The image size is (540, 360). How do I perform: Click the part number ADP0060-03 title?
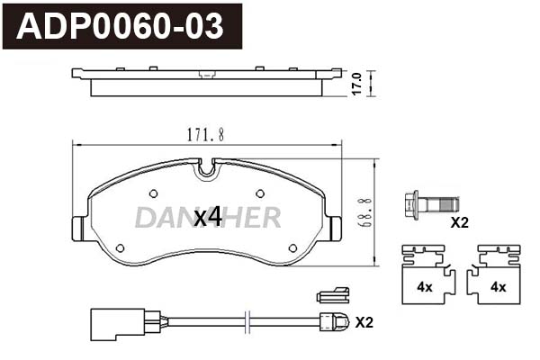click(x=120, y=26)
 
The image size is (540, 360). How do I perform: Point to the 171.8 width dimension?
click(x=205, y=134)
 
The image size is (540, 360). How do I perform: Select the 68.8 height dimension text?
click(x=365, y=212)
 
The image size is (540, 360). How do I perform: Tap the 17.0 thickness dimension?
click(x=356, y=84)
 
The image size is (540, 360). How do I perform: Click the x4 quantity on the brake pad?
click(x=207, y=218)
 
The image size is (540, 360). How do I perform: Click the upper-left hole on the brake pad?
click(x=154, y=193)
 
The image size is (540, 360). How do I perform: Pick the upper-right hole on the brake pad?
click(x=260, y=193)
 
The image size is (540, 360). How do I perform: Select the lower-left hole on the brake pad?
click(x=121, y=247)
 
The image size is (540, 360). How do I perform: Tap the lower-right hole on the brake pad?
click(x=292, y=247)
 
